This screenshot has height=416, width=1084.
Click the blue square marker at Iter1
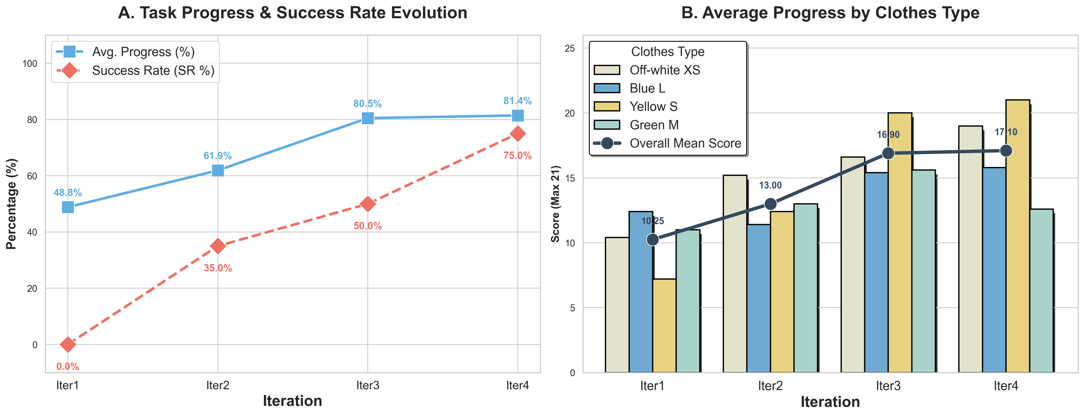[x=68, y=207]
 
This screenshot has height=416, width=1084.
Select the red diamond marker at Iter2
[x=217, y=246]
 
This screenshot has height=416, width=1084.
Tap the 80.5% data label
[x=367, y=104]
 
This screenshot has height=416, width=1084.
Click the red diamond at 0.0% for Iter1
[x=68, y=344]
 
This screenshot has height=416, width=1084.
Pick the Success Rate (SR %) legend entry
[x=153, y=70]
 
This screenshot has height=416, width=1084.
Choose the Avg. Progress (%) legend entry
[x=143, y=52]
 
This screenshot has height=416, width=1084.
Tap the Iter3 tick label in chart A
[x=367, y=385]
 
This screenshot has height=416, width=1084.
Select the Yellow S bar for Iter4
[x=1018, y=236]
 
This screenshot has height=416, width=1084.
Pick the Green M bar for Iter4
[x=1041, y=291]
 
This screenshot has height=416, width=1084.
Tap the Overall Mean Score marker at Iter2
[x=770, y=204]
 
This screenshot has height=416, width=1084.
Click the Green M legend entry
[x=654, y=125]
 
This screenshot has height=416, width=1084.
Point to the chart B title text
[x=830, y=13]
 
